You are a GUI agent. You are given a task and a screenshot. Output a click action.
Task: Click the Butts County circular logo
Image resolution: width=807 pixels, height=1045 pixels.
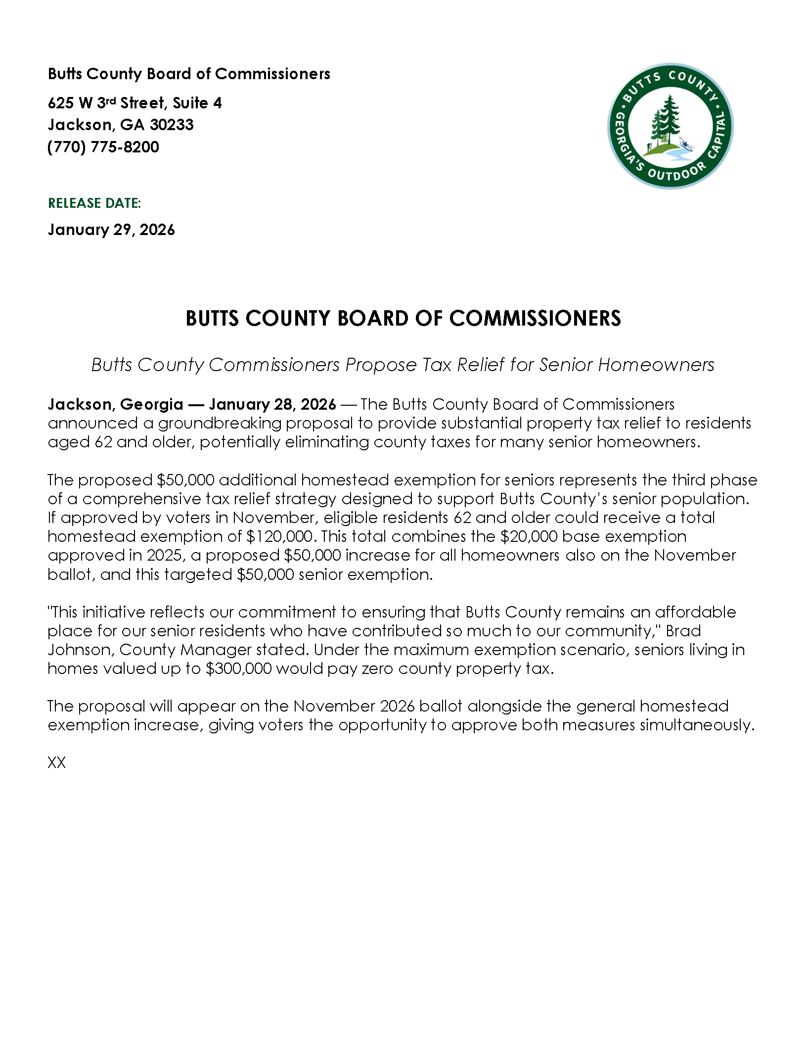click(670, 126)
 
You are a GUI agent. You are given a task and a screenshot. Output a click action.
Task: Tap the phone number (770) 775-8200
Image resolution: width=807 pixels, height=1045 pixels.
click(103, 147)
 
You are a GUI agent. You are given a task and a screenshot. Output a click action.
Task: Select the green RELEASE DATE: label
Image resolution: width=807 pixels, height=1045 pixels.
click(94, 203)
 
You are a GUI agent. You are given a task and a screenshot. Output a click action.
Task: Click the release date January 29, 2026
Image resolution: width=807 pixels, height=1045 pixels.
click(111, 230)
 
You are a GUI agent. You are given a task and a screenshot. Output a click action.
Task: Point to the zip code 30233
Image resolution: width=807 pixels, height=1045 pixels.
click(172, 125)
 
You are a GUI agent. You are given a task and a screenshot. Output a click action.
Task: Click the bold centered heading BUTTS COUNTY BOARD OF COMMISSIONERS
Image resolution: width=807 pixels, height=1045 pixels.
click(403, 318)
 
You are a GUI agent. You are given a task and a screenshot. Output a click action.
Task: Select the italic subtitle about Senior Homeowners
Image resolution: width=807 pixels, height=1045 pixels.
click(403, 365)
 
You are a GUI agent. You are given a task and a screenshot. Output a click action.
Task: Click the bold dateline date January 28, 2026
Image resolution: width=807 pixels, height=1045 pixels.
click(272, 404)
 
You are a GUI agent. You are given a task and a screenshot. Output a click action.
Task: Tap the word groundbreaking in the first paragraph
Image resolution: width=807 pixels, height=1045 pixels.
click(220, 423)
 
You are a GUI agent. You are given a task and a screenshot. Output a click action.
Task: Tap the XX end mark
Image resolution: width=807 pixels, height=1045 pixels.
click(56, 762)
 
